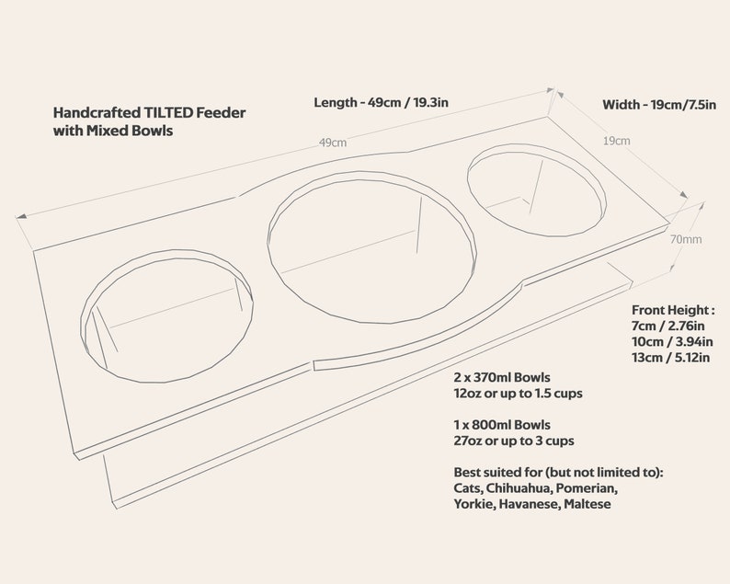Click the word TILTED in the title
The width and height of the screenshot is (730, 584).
click(168, 113)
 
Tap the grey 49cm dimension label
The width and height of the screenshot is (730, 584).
click(333, 143)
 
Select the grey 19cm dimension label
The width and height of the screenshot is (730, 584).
click(616, 141)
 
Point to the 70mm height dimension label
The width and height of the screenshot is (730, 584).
click(686, 239)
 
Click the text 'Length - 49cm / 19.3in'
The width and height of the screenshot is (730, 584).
click(381, 102)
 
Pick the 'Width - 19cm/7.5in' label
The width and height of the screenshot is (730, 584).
click(659, 105)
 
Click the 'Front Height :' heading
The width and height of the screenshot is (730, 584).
click(673, 310)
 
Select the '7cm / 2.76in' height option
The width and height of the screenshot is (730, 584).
click(668, 326)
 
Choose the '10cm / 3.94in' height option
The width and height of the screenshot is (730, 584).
click(672, 342)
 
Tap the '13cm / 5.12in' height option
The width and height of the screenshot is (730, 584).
click(671, 358)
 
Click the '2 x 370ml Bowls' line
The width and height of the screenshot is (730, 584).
click(502, 377)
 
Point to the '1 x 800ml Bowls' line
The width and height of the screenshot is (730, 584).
click(502, 425)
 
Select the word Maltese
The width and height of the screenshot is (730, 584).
click(587, 504)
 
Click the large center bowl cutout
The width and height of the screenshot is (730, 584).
click(372, 246)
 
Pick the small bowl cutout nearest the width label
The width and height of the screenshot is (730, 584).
click(537, 189)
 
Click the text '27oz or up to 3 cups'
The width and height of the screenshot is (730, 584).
click(514, 441)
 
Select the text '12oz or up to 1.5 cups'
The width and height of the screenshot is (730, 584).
click(519, 393)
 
